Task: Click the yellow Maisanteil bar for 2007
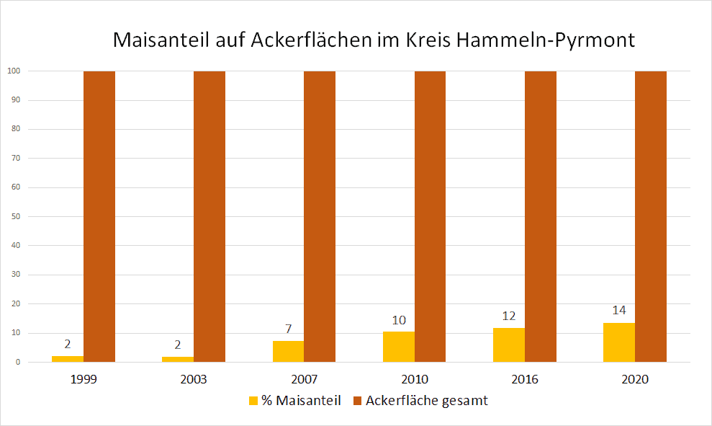(x=288, y=351)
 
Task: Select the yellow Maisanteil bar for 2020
(x=619, y=342)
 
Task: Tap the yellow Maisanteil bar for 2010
(x=399, y=347)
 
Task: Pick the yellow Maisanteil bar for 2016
(x=509, y=345)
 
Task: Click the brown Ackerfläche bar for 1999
(x=99, y=216)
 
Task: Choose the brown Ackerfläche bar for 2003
(x=209, y=216)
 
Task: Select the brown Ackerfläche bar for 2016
(x=541, y=216)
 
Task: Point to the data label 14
(x=619, y=311)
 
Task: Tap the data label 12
(x=509, y=316)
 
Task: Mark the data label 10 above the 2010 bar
(x=399, y=321)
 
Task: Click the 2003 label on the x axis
(x=194, y=379)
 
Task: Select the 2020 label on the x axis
(x=635, y=379)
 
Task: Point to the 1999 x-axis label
(x=84, y=379)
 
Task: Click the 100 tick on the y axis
(x=13, y=71)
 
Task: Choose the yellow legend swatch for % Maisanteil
(x=253, y=401)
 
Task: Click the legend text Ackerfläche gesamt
(x=426, y=401)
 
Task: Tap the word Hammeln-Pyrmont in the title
(x=546, y=40)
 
